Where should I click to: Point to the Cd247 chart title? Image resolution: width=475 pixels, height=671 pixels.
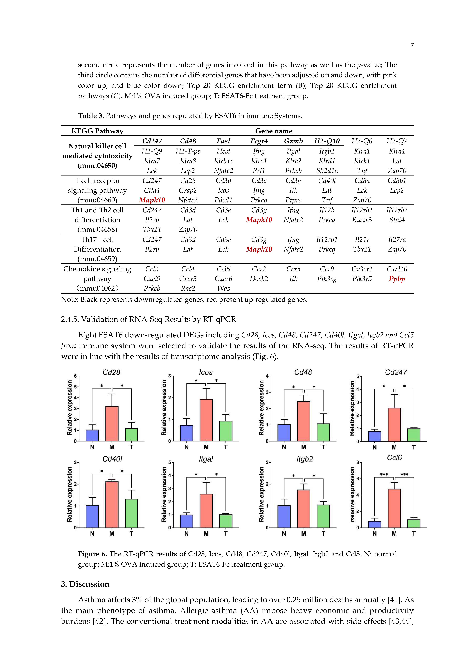tap(396, 372)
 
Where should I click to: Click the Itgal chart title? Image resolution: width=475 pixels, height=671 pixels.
tap(206, 459)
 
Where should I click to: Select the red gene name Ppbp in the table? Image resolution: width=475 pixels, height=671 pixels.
tap(397, 279)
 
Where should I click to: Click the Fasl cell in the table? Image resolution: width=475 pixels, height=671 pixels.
tap(223, 141)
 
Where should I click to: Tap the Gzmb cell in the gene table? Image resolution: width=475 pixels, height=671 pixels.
tap(293, 141)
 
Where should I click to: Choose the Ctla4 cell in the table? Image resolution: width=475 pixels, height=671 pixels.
tap(152, 191)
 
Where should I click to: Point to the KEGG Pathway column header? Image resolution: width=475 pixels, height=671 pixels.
tap(97, 131)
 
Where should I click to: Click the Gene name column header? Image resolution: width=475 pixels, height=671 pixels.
tap(274, 131)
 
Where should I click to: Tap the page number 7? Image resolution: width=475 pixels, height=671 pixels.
tap(412, 45)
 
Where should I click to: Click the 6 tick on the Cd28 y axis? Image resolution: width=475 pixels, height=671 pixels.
tap(75, 376)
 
